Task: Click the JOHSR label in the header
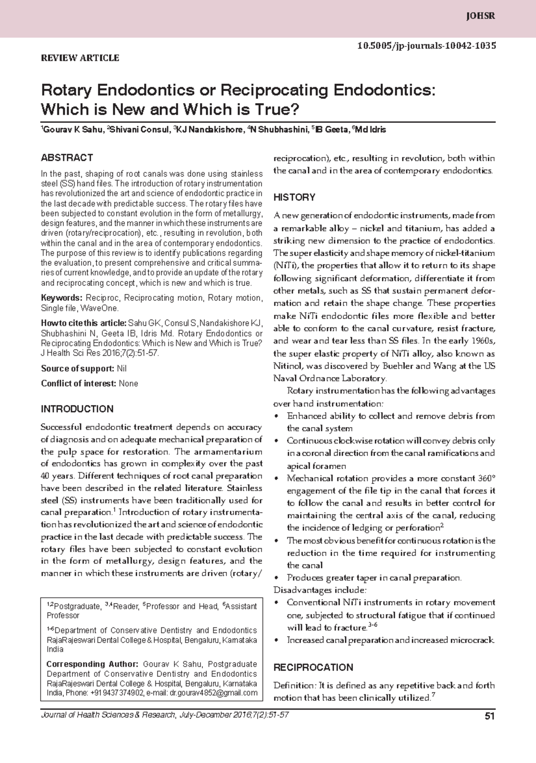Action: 481,17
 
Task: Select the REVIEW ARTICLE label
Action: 80,58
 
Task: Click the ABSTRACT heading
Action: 67,158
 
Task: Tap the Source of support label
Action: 77,369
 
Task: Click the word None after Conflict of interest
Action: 128,384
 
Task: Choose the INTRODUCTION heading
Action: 77,409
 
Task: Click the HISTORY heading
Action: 294,197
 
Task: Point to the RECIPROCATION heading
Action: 313,667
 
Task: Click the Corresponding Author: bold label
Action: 93,664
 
